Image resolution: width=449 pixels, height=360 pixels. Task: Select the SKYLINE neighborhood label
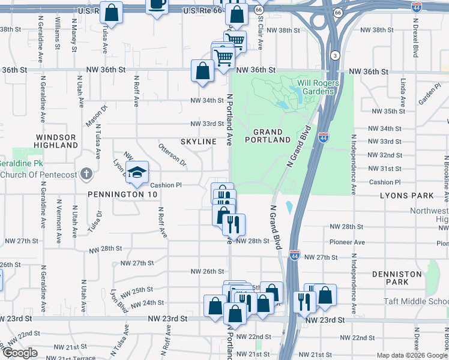coord(198,141)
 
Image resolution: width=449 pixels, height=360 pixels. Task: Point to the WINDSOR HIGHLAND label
coord(55,141)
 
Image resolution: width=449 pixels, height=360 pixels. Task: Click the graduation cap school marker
coord(137,172)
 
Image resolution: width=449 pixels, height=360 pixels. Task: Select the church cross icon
coord(86,175)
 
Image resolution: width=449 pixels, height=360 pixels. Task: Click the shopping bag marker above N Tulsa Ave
coord(111,11)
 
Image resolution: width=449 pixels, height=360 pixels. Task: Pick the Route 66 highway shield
coord(258,10)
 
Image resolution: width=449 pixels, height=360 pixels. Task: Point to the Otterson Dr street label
coord(172,155)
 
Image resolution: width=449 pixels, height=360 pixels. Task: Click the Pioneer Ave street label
coord(347,242)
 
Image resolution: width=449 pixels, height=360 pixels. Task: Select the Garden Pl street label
coord(430,94)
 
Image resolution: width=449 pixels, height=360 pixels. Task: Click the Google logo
coord(20,353)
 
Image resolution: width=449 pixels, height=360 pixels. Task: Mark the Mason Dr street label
coord(95,116)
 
